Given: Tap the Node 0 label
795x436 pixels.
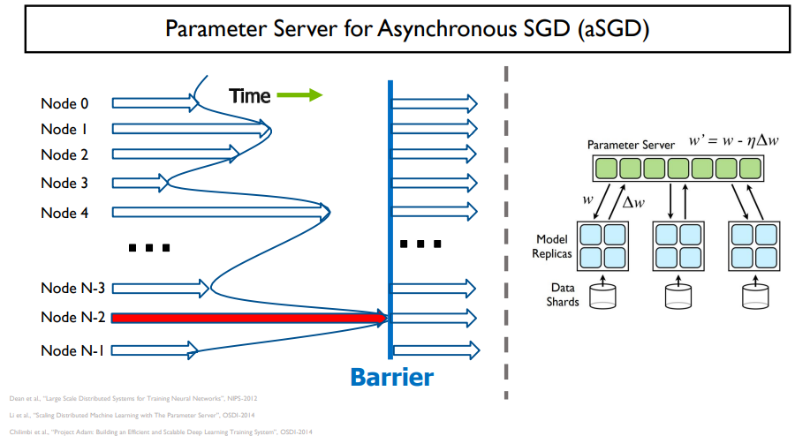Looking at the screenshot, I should [x=64, y=103].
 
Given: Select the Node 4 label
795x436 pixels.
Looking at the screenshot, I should [x=64, y=213].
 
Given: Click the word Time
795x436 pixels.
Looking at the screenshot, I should [x=250, y=96].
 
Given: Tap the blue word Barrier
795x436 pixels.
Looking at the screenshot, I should [x=391, y=378].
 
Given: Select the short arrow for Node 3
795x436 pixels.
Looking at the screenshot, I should [x=139, y=184].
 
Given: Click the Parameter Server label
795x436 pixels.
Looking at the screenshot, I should [x=631, y=144].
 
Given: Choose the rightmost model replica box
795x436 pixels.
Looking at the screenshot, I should [x=753, y=246].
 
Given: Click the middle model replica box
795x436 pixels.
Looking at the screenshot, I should [x=678, y=246].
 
